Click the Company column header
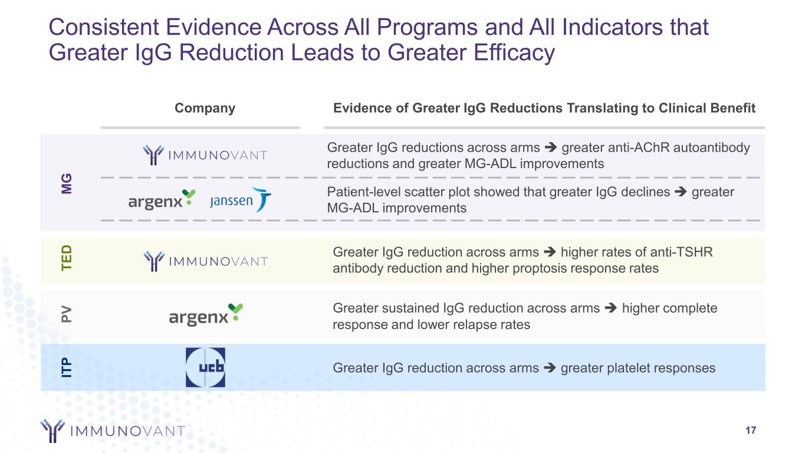pyautogui.click(x=205, y=108)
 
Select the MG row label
pyautogui.click(x=67, y=183)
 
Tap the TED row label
pyautogui.click(x=67, y=258)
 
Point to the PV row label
pyautogui.click(x=67, y=314)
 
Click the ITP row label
pyautogui.click(x=67, y=367)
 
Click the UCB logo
pyautogui.click(x=205, y=367)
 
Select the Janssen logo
pyautogui.click(x=241, y=199)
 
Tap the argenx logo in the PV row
pyautogui.click(x=206, y=314)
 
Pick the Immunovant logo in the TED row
pyautogui.click(x=206, y=261)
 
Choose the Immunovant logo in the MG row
pyautogui.click(x=205, y=155)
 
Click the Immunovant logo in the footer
pyautogui.click(x=113, y=431)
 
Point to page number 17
pyautogui.click(x=751, y=431)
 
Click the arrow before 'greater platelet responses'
pyautogui.click(x=550, y=368)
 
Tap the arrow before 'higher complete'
pyautogui.click(x=611, y=308)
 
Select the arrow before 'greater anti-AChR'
pyautogui.click(x=551, y=147)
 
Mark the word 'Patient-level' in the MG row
pyautogui.click(x=364, y=192)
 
